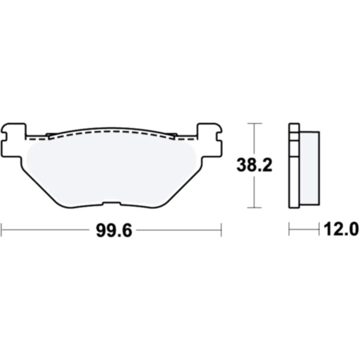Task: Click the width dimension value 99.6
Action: click(x=114, y=230)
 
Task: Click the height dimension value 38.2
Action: click(x=254, y=165)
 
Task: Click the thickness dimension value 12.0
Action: click(x=341, y=229)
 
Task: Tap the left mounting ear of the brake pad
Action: click(x=14, y=140)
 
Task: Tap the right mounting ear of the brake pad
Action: click(x=210, y=140)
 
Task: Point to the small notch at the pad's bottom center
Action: click(x=112, y=203)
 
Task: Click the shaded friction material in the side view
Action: click(x=309, y=168)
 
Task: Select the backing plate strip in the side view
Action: click(x=295, y=166)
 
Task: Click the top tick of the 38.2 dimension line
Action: click(x=254, y=123)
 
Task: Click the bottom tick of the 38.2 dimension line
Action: click(x=254, y=208)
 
